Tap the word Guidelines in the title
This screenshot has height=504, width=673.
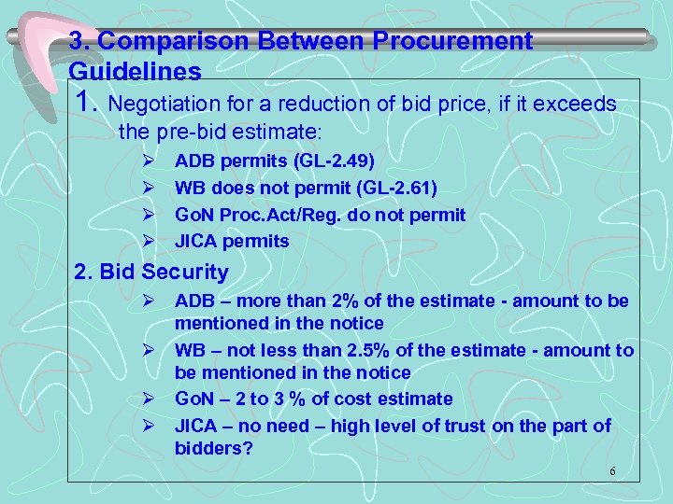135,71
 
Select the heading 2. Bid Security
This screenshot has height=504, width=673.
150,273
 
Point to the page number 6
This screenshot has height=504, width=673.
612,471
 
